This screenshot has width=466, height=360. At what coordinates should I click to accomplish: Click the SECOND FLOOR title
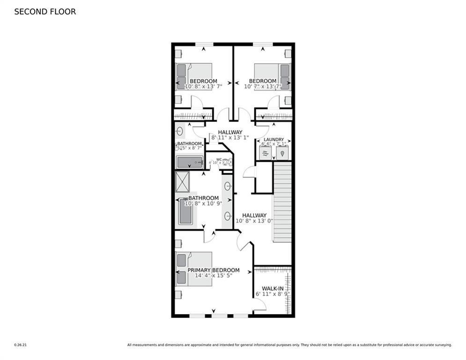pos(45,12)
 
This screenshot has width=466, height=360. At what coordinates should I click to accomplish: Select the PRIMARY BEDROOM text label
pos(214,270)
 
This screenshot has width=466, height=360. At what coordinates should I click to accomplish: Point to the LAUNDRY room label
pos(274,140)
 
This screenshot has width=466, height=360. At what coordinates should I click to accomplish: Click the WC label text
pos(219,159)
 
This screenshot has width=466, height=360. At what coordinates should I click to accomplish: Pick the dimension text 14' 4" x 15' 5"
pos(214,276)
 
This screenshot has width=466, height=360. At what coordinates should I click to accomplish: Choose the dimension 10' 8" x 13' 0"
pos(254,221)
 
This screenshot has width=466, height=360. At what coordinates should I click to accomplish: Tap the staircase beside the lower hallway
pos(282,202)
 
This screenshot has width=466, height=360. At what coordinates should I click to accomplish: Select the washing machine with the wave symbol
pos(265,153)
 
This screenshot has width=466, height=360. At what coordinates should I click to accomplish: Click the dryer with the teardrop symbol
pos(282,153)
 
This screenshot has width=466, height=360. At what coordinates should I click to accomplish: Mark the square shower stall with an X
pos(182,182)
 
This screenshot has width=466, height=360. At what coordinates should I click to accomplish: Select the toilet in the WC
pos(227,163)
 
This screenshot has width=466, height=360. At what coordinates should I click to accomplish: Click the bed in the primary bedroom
pos(194,269)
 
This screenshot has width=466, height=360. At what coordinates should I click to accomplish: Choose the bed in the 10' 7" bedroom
pos(272,77)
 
